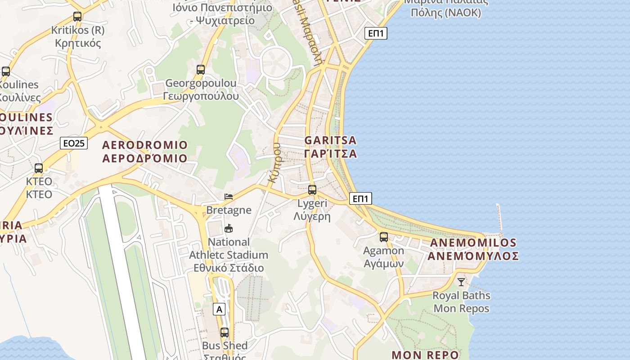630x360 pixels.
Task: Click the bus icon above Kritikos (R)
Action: [x=77, y=17]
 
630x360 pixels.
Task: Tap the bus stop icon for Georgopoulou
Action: [x=201, y=70]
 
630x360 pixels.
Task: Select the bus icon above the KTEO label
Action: [x=39, y=168]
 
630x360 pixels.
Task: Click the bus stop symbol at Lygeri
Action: [x=312, y=190]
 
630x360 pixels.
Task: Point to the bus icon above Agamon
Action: [x=384, y=237]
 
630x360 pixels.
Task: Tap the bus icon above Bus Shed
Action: [x=225, y=333]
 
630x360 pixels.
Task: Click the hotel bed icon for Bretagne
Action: [x=229, y=197]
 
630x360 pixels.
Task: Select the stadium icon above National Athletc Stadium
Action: [x=229, y=228]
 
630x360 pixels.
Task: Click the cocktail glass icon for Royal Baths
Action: [x=461, y=282]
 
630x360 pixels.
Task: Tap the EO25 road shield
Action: [x=74, y=144]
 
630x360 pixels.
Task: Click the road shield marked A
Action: [x=219, y=309]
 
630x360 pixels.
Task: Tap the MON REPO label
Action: [x=425, y=355]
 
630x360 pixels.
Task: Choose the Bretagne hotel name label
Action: [x=229, y=210]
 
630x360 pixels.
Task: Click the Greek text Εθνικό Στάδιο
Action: [x=229, y=268]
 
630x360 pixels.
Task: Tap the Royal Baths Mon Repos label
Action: [x=461, y=302]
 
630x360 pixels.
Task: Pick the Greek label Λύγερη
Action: [x=312, y=216]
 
